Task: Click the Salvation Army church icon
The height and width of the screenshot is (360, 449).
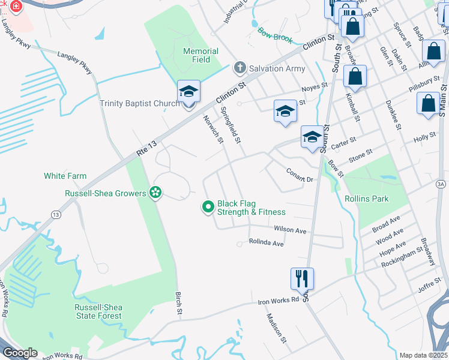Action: click(x=240, y=68)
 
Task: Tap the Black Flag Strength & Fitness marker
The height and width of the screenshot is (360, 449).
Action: click(x=208, y=207)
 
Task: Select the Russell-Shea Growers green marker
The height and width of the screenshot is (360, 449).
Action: click(x=155, y=193)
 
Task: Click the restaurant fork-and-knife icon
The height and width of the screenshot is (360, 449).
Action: click(x=302, y=278)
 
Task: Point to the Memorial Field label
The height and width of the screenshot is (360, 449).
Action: click(x=196, y=55)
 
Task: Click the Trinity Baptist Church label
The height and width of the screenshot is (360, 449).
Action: click(x=139, y=104)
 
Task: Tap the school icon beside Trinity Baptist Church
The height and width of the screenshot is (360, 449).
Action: click(x=188, y=92)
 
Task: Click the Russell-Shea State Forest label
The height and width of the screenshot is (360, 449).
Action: click(x=98, y=311)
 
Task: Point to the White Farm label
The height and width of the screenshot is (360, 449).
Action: click(x=65, y=176)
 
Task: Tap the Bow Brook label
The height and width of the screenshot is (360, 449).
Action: click(x=275, y=35)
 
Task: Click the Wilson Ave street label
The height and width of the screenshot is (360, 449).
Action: click(x=290, y=230)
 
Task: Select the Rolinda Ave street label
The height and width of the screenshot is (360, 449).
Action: click(x=267, y=244)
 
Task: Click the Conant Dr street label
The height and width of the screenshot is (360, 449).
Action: click(x=300, y=175)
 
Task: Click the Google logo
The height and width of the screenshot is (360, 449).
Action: click(x=20, y=353)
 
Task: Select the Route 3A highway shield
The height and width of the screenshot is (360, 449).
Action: click(x=441, y=184)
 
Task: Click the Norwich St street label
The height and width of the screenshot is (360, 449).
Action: click(x=212, y=129)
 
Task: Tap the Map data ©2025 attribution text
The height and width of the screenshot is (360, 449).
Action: click(x=423, y=355)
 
